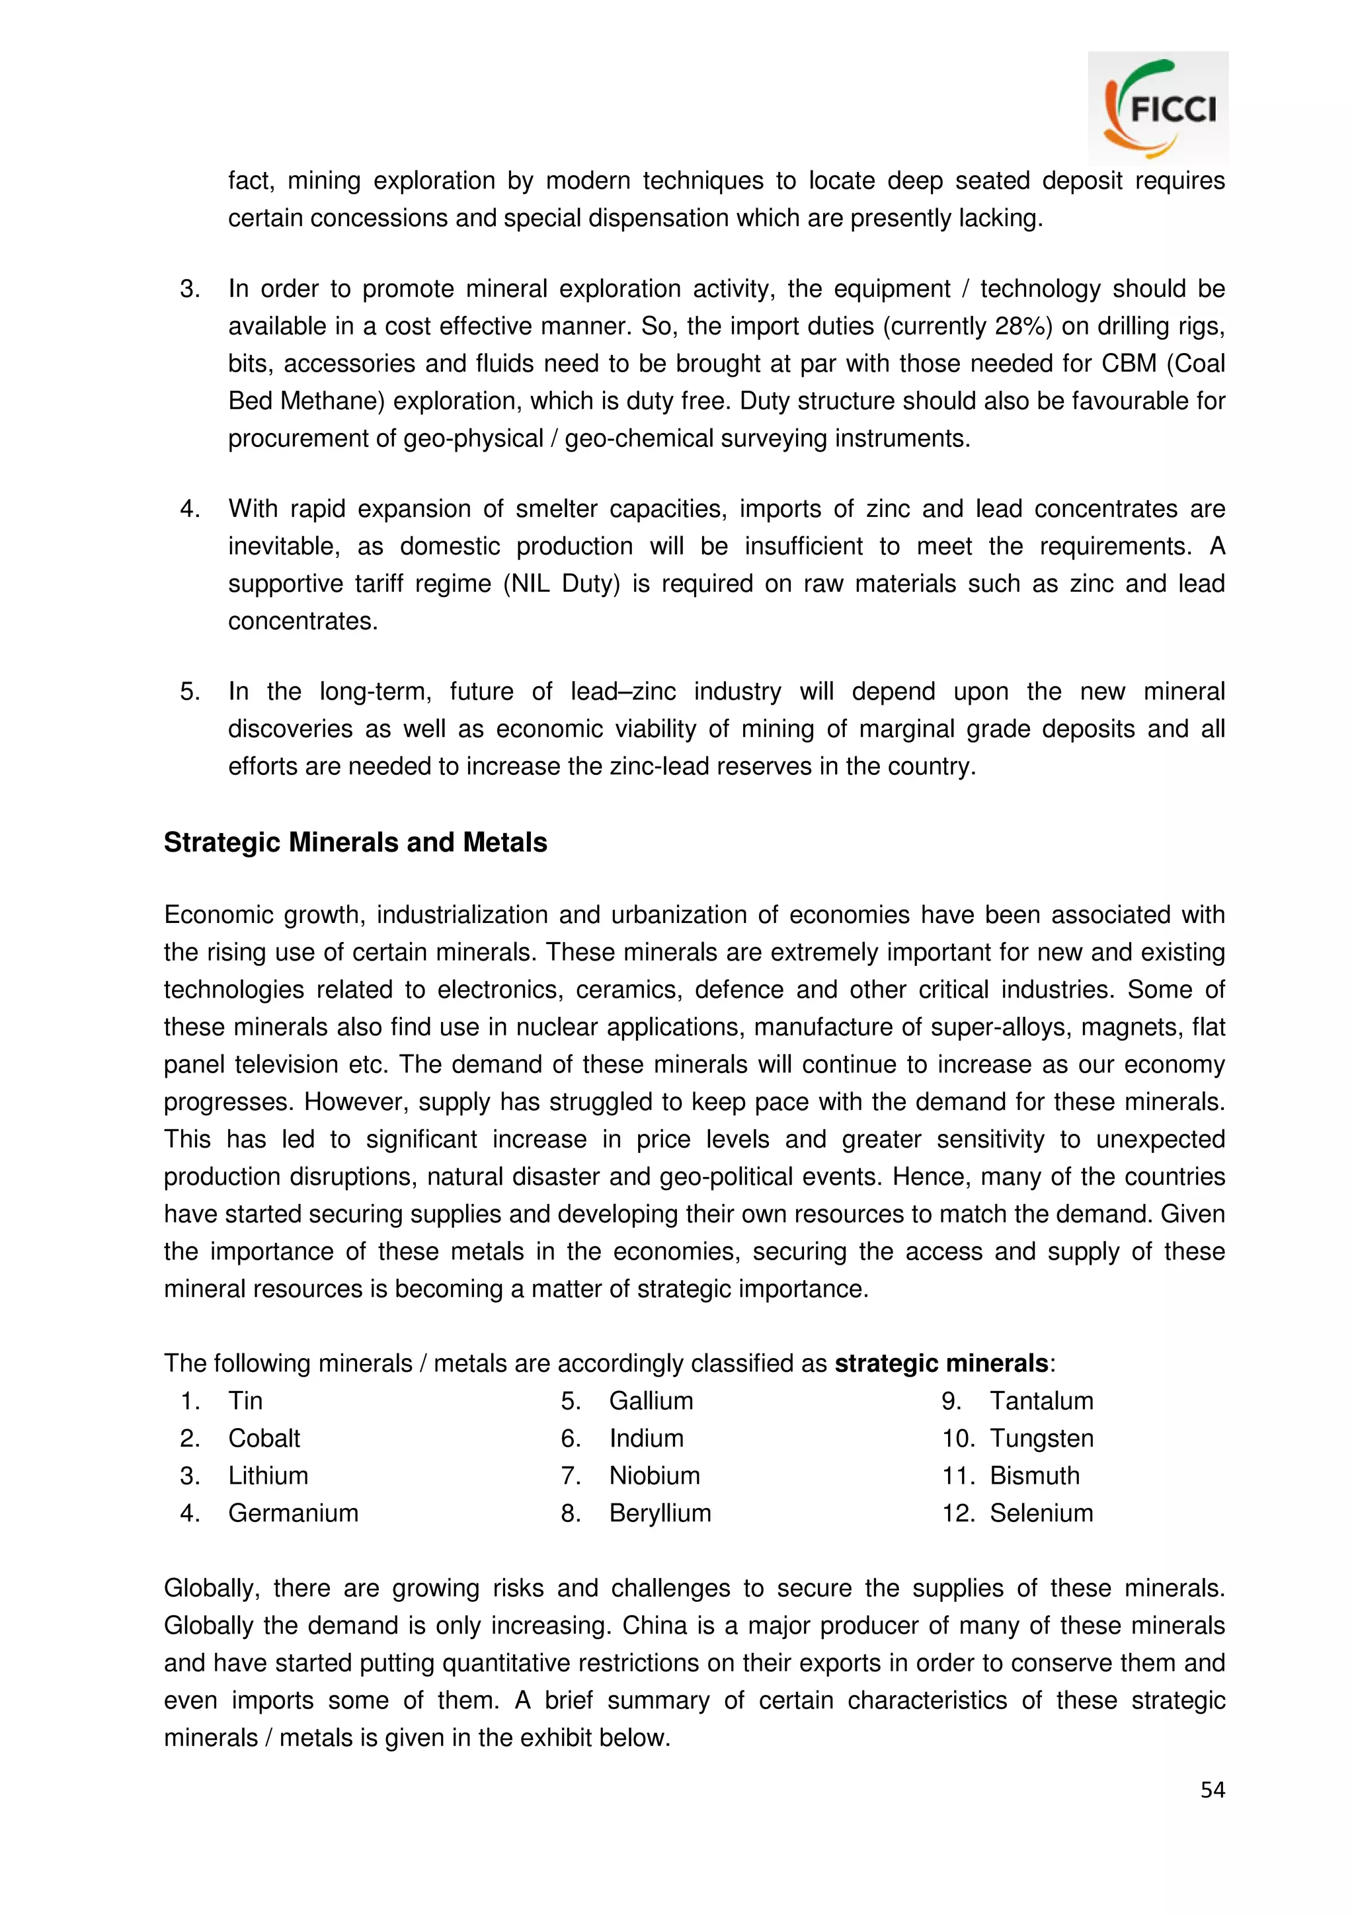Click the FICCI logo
[1158, 108]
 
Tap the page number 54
[1212, 1789]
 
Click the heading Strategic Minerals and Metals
[356, 842]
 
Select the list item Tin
[245, 1400]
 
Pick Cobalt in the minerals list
[264, 1438]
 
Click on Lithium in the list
[268, 1476]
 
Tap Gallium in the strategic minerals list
[651, 1400]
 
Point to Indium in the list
[646, 1438]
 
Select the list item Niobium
[654, 1476]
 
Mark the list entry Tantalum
[1041, 1400]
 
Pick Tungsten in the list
[1041, 1438]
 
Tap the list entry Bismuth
[1035, 1476]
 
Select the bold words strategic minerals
[941, 1363]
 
